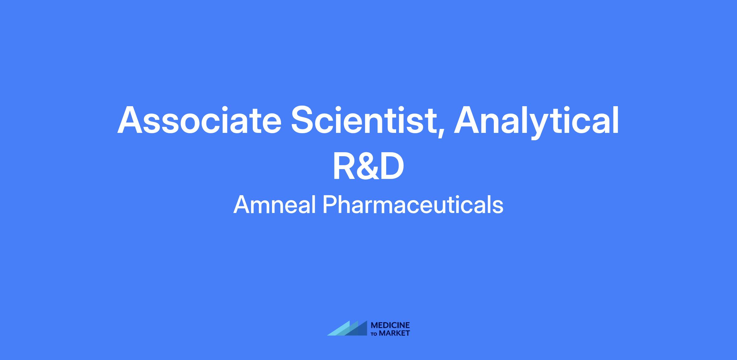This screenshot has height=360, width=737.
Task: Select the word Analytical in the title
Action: tap(536, 122)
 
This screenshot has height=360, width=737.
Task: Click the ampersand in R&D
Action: tap(368, 166)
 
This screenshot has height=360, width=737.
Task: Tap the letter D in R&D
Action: tap(392, 166)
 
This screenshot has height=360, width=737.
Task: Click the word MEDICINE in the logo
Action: tap(390, 325)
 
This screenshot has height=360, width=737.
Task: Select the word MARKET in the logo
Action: tap(395, 333)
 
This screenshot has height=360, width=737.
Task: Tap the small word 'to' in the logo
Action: tap(375, 334)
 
